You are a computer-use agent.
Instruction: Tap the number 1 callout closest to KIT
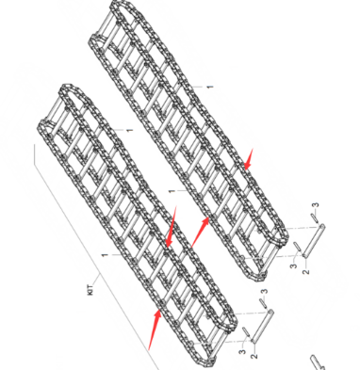pos(103,255)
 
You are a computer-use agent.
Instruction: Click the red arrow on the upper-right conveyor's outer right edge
pos(250,159)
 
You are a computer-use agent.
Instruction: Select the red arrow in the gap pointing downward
pos(170,230)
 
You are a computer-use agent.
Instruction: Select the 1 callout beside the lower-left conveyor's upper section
pos(127,127)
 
